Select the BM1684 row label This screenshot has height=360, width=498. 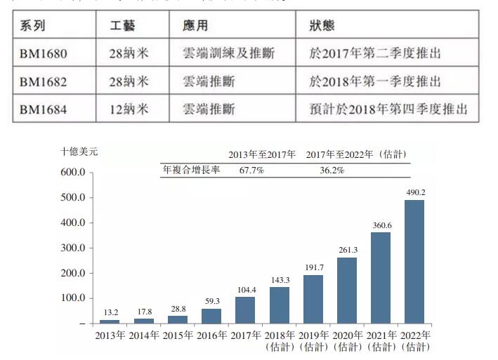[43, 109]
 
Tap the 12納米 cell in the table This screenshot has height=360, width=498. [130, 109]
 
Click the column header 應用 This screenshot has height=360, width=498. [195, 26]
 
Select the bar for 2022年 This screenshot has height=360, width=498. [414, 261]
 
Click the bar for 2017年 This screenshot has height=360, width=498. [245, 309]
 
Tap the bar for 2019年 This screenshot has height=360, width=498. [313, 299]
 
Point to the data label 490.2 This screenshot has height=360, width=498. [414, 192]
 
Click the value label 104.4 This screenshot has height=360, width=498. [245, 289]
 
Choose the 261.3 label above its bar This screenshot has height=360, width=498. [347, 249]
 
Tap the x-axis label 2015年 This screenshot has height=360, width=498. [177, 334]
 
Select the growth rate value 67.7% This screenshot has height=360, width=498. [251, 171]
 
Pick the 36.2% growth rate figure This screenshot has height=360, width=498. [332, 171]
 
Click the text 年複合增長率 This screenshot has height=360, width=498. [191, 171]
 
